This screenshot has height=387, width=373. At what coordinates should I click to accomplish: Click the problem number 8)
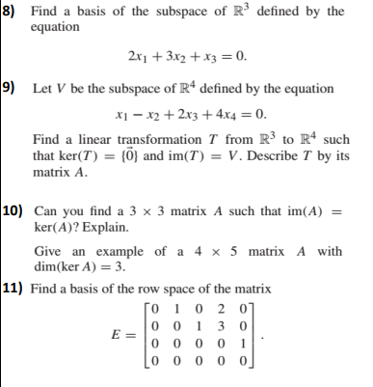(8, 11)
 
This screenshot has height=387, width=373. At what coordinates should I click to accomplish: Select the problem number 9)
(9, 89)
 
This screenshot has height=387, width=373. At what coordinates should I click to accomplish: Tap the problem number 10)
(13, 209)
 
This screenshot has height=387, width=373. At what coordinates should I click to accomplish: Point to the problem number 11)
(13, 288)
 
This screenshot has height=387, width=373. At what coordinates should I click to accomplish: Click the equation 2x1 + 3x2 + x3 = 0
(187, 54)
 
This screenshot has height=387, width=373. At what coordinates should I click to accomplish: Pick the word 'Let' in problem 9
(43, 89)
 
